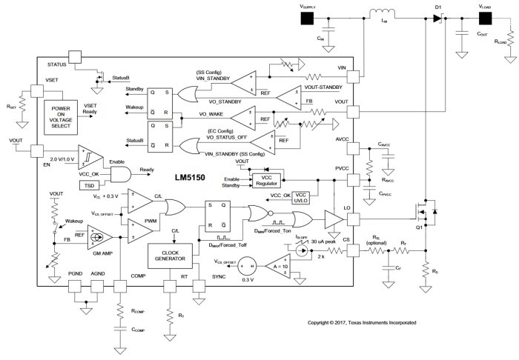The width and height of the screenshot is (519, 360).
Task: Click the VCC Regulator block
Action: click(x=267, y=180)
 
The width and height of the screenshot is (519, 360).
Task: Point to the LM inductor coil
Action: click(x=383, y=14)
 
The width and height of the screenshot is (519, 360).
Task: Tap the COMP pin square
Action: click(x=120, y=285)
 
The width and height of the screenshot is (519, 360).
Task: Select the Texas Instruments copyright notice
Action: click(x=361, y=323)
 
